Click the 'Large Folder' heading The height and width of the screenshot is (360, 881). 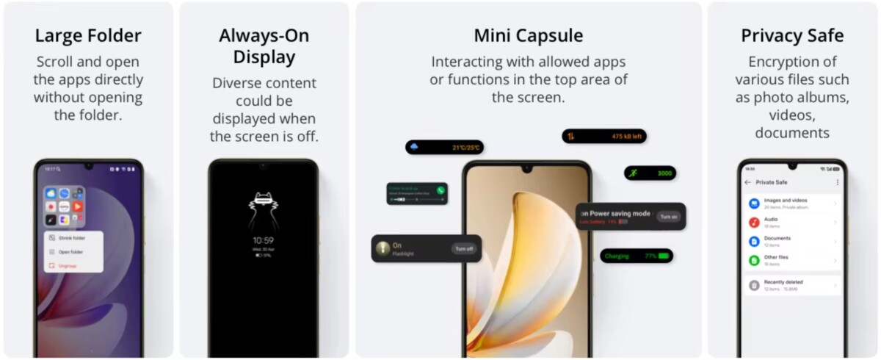pyautogui.click(x=88, y=35)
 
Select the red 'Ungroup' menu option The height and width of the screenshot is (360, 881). pyautogui.click(x=68, y=265)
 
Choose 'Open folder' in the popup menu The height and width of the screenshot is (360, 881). pyautogui.click(x=70, y=252)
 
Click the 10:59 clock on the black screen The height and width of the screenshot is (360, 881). pyautogui.click(x=263, y=240)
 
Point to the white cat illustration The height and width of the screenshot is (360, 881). pyautogui.click(x=262, y=209)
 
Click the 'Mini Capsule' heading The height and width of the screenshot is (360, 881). pyautogui.click(x=529, y=35)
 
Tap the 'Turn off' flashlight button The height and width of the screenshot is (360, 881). pyautogui.click(x=464, y=248)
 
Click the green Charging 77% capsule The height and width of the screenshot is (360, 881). pyautogui.click(x=637, y=256)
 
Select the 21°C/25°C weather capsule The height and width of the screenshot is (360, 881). pyautogui.click(x=444, y=147)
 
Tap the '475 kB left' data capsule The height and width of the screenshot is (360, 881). pyautogui.click(x=604, y=136)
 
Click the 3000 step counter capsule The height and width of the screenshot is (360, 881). pyautogui.click(x=650, y=173)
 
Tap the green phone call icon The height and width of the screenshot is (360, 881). pyautogui.click(x=440, y=190)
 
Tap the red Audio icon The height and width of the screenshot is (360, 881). pyautogui.click(x=754, y=222)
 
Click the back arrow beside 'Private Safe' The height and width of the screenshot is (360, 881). pyautogui.click(x=747, y=182)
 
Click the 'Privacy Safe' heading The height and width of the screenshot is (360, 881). pyautogui.click(x=792, y=35)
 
